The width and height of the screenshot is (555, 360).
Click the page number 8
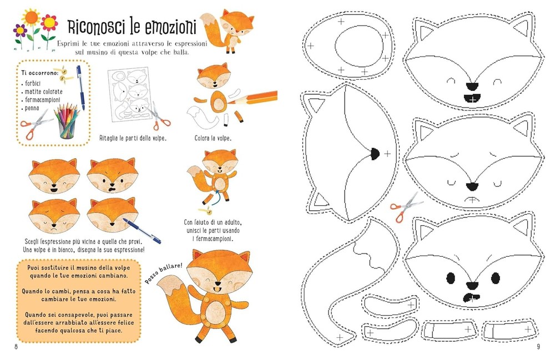click(x=16, y=346)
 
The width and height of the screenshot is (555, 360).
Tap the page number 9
click(x=538, y=346)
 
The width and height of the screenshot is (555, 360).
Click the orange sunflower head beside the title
click(x=32, y=17)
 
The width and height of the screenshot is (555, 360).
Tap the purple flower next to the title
click(x=20, y=31)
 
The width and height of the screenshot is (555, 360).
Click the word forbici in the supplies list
click(x=33, y=83)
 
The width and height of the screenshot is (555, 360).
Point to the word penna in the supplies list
click(x=32, y=108)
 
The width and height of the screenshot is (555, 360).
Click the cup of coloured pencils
click(x=67, y=122)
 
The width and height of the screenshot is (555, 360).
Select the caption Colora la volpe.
click(x=213, y=138)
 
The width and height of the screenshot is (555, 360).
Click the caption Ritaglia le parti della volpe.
click(x=133, y=138)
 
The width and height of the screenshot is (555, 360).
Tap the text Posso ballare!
click(x=163, y=273)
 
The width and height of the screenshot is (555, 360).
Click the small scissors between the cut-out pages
click(x=406, y=207)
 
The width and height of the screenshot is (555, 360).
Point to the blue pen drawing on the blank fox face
click(x=142, y=231)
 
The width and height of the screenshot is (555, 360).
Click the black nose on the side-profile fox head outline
click(x=375, y=154)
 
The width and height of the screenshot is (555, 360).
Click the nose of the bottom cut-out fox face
click(x=472, y=285)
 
